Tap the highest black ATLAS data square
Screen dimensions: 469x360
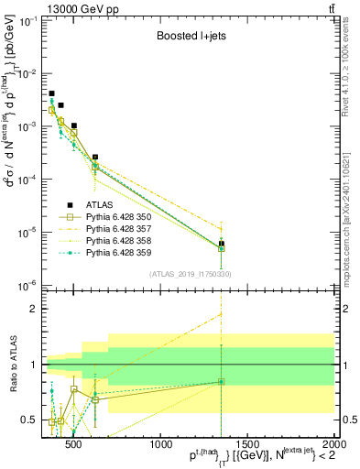point(51,93)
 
